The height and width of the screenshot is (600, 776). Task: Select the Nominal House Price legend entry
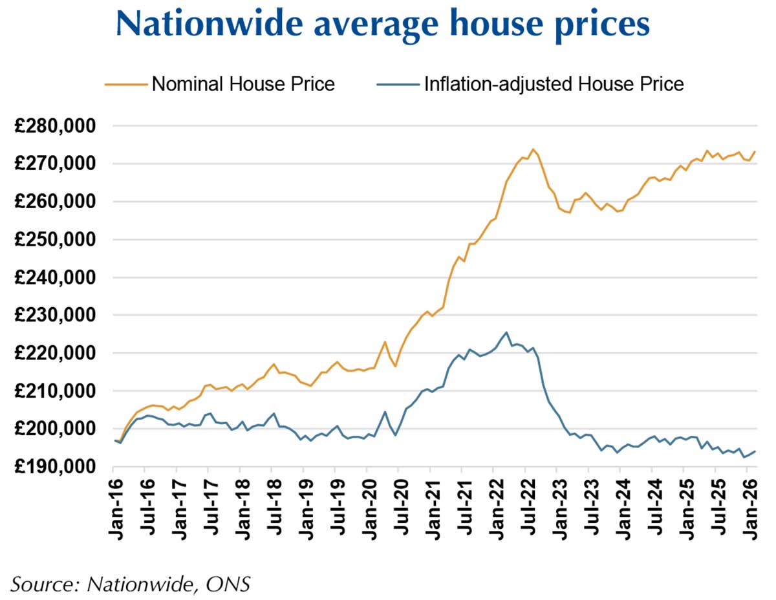click(x=243, y=84)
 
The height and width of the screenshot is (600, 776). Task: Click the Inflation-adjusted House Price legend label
click(x=554, y=84)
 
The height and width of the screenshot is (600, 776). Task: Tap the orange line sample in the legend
click(x=124, y=84)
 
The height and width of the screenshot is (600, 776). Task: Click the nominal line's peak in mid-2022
click(x=533, y=149)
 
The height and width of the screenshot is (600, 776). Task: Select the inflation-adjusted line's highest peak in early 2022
click(x=506, y=332)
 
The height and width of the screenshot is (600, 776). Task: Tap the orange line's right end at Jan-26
click(x=755, y=151)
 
